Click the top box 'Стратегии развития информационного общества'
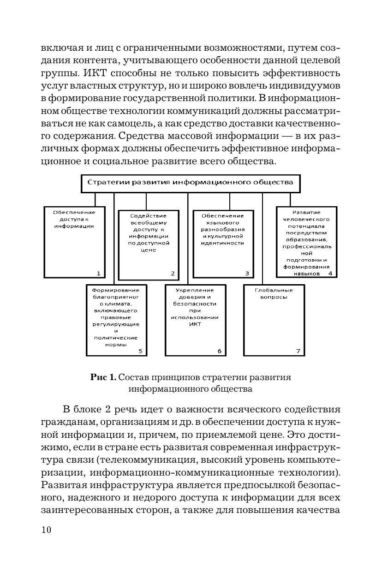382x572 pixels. tap(190, 182)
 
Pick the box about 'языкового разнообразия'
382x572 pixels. tap(222, 244)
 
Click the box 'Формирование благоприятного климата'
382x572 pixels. tap(116, 320)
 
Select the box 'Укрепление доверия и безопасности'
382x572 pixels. tap(196, 320)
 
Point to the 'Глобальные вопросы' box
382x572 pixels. tap(274, 320)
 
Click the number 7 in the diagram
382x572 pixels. tap(298, 351)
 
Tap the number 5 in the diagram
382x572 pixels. tap(140, 351)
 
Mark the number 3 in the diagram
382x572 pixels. tap(247, 273)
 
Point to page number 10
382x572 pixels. tap(47, 530)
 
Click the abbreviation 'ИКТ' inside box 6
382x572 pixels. tap(195, 324)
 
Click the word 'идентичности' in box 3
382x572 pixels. tap(222, 243)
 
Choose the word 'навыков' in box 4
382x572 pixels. tap(307, 273)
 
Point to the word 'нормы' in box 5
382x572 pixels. tap(116, 344)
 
